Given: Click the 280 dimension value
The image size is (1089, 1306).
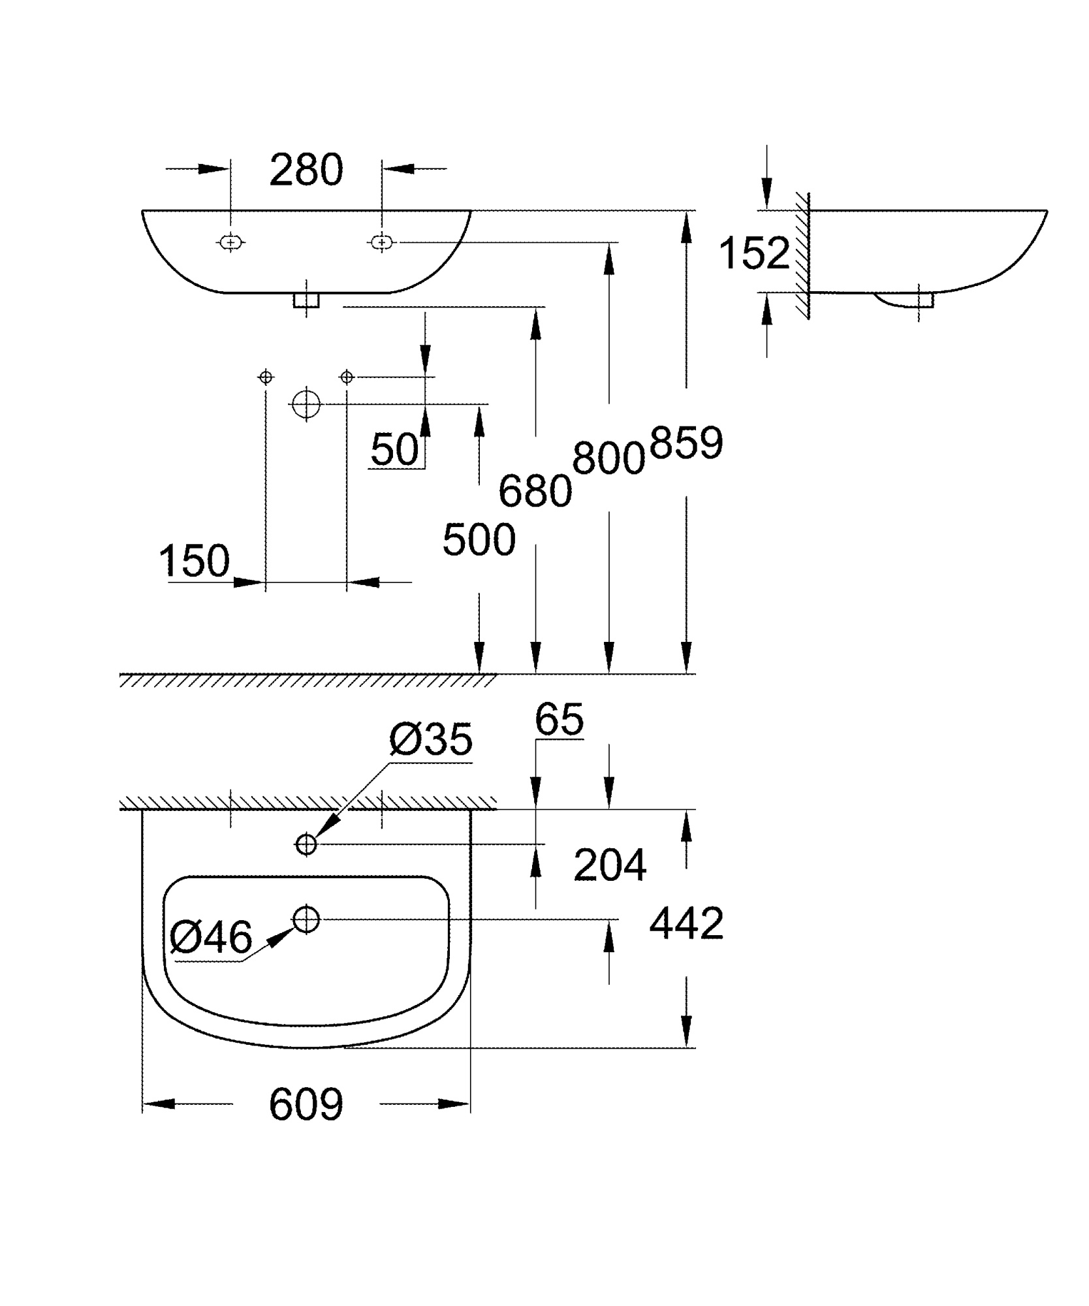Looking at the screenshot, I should [306, 170].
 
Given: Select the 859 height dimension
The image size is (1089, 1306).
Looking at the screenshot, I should [686, 443].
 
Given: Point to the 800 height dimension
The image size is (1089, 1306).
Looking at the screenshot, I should [608, 458].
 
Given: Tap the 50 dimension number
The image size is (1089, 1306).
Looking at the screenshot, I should [394, 449].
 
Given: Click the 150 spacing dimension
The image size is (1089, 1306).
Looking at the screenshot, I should [195, 560].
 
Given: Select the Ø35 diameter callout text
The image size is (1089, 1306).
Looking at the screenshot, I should [430, 740].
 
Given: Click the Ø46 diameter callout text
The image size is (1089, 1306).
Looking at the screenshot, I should [210, 938].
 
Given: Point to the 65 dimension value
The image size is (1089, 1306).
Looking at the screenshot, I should [559, 720].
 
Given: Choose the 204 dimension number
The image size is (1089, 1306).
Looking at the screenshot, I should [610, 865].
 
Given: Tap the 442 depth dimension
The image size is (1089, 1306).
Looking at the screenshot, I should [686, 923].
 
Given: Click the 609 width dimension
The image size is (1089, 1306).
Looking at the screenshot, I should [306, 1104].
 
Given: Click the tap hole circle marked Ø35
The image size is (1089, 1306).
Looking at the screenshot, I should [306, 844].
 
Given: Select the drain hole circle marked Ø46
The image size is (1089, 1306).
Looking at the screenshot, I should [306, 919].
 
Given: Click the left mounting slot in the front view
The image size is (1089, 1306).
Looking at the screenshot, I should [230, 243].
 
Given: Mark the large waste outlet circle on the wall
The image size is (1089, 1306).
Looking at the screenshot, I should [305, 404].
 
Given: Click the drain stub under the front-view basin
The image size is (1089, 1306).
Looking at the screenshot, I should [306, 300].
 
